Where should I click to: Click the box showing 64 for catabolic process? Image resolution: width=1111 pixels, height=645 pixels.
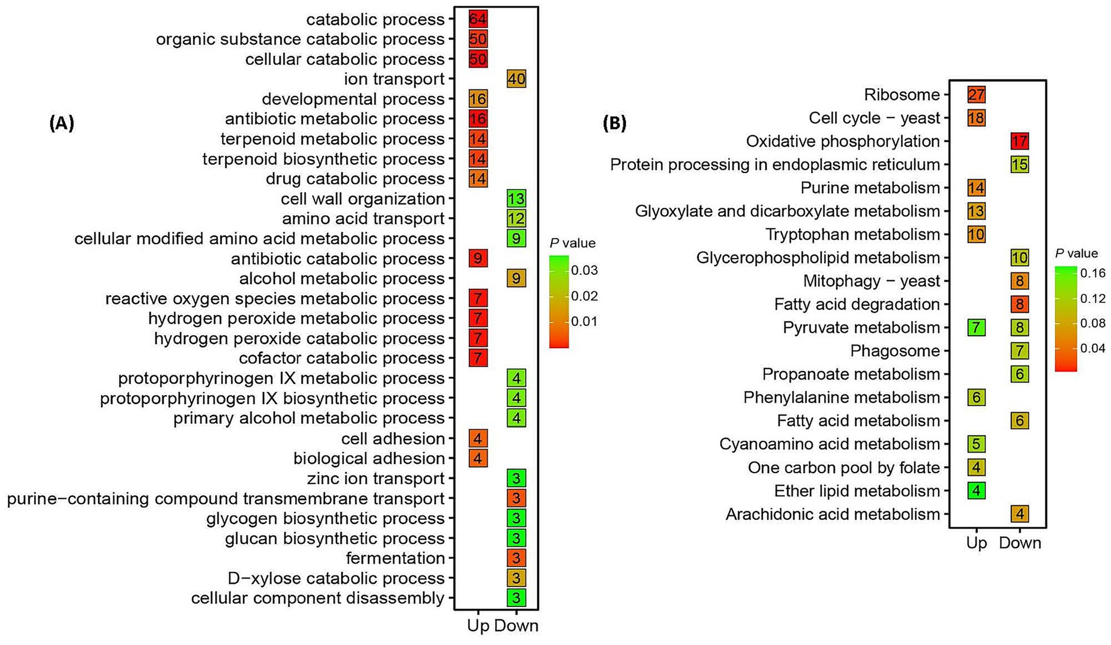point(477,19)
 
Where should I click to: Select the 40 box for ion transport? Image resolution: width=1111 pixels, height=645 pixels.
point(516,79)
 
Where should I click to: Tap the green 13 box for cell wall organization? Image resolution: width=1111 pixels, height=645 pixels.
point(516,199)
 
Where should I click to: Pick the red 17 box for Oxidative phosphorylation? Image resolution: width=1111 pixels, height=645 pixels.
point(1019,141)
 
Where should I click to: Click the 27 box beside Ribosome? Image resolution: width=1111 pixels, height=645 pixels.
point(976,95)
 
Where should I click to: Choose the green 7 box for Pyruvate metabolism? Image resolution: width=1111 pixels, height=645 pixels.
point(976,327)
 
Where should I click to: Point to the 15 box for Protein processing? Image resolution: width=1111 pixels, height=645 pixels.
point(1019,164)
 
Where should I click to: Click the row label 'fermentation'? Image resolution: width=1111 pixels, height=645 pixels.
point(395,558)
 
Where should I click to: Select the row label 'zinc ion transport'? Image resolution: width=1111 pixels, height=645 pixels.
point(376,479)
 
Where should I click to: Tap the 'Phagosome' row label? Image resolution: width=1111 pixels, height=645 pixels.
point(895,351)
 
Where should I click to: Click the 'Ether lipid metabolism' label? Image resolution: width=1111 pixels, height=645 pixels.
point(857,491)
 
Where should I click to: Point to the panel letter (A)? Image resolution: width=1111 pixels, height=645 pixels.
point(61,123)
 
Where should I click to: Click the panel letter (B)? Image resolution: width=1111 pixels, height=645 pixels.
point(614,123)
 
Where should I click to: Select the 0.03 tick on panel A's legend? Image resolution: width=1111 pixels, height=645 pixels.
point(584,271)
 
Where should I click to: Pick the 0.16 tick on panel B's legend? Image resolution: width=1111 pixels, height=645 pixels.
point(1092,273)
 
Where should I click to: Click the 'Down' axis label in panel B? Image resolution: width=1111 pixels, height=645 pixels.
point(1020,543)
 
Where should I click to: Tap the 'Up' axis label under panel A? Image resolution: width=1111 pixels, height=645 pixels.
point(478,626)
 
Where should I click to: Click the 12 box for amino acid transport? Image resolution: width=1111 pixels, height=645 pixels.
point(516,219)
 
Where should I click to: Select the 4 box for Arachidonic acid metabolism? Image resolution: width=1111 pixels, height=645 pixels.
point(1019,514)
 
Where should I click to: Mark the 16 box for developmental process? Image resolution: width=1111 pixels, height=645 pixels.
point(477,99)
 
